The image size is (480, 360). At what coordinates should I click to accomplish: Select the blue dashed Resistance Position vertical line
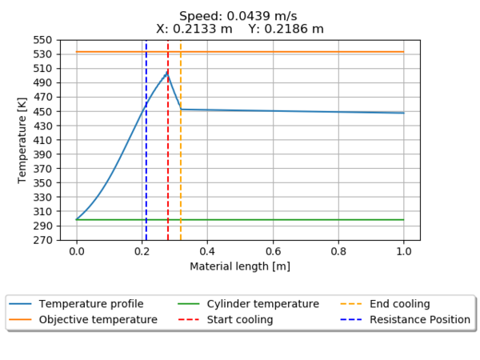tap(146, 160)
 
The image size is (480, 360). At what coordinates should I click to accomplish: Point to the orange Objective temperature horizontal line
tap(320, 52)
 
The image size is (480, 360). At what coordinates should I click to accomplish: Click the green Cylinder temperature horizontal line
tap(320, 219)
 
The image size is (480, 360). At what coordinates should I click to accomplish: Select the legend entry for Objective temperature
tap(98, 320)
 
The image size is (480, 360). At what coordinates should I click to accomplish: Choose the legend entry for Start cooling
tap(239, 320)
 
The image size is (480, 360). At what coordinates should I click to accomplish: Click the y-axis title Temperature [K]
tap(22, 140)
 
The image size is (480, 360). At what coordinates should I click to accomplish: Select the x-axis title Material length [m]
tap(240, 266)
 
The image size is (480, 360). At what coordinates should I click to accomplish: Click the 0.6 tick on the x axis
tap(273, 250)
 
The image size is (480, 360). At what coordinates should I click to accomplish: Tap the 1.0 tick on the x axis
tap(403, 250)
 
